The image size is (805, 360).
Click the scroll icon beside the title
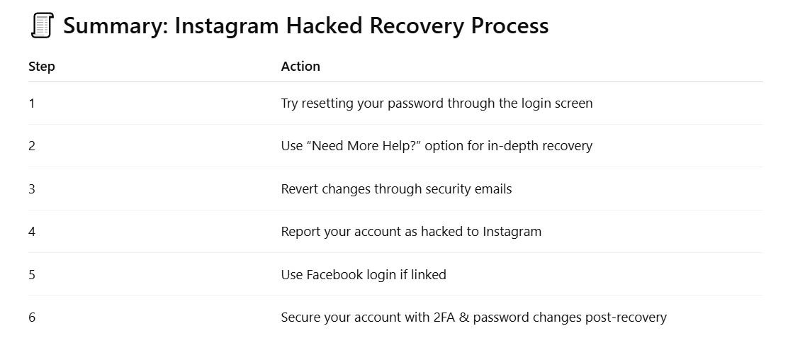pyautogui.click(x=42, y=26)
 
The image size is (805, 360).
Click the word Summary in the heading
pyautogui.click(x=114, y=26)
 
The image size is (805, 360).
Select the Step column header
pyautogui.click(x=42, y=67)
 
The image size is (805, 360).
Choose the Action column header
pyautogui.click(x=300, y=67)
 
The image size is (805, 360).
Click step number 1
pyautogui.click(x=32, y=103)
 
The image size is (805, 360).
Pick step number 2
pyautogui.click(x=32, y=146)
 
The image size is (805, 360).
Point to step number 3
pyautogui.click(x=32, y=189)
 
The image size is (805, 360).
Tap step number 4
pyautogui.click(x=32, y=231)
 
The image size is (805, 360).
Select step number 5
pyautogui.click(x=32, y=274)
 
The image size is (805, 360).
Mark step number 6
pyautogui.click(x=32, y=317)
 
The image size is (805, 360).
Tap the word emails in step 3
pyautogui.click(x=493, y=189)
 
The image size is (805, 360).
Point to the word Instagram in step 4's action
pyautogui.click(x=512, y=231)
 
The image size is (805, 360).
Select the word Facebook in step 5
pyautogui.click(x=334, y=274)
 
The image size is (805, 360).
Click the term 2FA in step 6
pyautogui.click(x=445, y=317)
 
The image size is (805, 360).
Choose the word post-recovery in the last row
pyautogui.click(x=626, y=317)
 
